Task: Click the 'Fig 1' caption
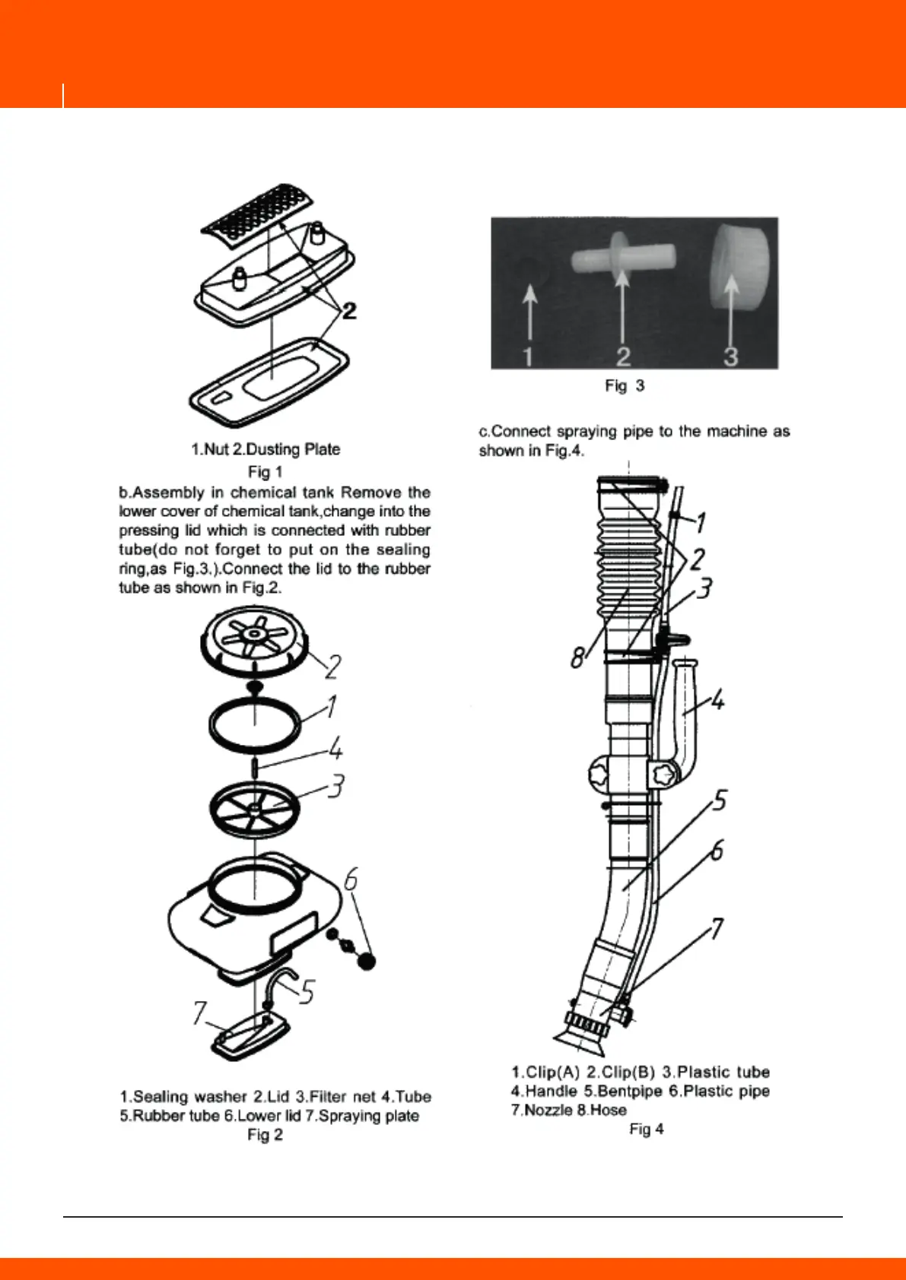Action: click(x=265, y=472)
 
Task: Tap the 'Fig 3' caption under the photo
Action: click(x=625, y=386)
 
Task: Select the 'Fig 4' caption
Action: click(x=646, y=1130)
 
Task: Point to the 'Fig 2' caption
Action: click(x=265, y=1135)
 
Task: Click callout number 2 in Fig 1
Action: click(x=349, y=310)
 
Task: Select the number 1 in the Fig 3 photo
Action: click(x=529, y=356)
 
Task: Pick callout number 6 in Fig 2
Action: click(x=351, y=880)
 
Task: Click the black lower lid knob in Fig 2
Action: click(x=367, y=961)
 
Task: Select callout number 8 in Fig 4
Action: click(x=579, y=656)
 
